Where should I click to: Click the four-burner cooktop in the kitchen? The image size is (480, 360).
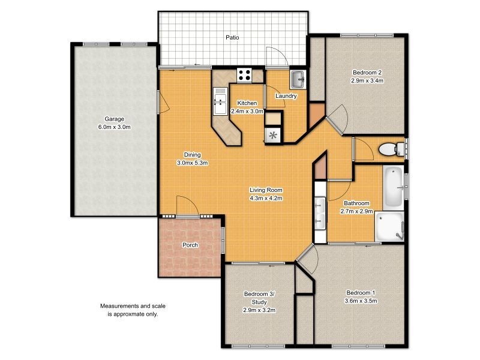click(x=245, y=75)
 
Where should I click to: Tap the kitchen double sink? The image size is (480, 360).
click(x=219, y=101)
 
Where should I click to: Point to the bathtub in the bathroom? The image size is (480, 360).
click(x=393, y=187)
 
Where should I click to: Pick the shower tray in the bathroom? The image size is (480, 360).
click(x=391, y=226)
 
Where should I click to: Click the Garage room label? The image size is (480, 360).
click(x=114, y=119)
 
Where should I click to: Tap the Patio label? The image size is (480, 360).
click(x=232, y=37)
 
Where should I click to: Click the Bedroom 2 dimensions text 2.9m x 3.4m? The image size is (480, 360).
click(x=367, y=80)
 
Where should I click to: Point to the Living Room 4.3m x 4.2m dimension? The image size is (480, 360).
click(x=265, y=198)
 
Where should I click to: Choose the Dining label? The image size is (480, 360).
click(x=192, y=154)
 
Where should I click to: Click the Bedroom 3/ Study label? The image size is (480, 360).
click(x=259, y=293)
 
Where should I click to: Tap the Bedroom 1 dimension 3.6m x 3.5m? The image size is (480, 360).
click(x=361, y=301)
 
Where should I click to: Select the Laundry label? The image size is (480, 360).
click(x=286, y=96)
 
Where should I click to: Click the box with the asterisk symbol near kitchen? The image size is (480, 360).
click(x=274, y=135)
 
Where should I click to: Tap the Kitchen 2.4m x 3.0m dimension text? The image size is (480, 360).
click(x=247, y=111)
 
